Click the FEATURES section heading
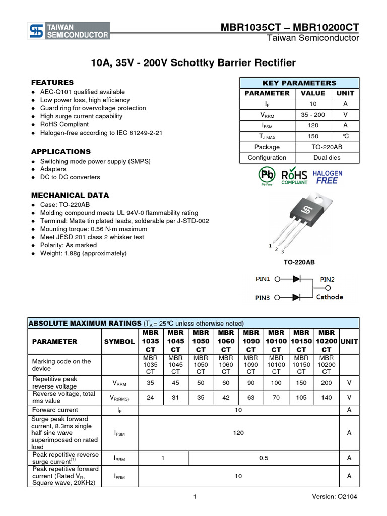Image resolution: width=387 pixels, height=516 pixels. [52, 83]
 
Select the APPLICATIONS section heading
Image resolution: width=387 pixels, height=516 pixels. [61, 152]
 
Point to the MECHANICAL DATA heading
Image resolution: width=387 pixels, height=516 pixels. [70, 196]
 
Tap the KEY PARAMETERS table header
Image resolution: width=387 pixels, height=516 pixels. [299, 83]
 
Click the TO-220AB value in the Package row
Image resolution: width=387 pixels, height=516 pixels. [327, 147]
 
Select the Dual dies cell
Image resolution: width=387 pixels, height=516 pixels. [327, 158]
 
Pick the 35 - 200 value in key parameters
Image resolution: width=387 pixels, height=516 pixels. [313, 115]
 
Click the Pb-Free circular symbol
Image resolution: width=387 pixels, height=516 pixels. [267, 176]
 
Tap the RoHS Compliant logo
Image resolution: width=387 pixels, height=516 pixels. [294, 176]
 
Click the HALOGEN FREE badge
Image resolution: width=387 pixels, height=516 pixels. [328, 177]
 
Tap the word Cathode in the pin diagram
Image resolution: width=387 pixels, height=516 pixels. [330, 297]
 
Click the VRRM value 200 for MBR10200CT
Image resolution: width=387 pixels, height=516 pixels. [327, 383]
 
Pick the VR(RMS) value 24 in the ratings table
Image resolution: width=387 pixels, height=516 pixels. [150, 397]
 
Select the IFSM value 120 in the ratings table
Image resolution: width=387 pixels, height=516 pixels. [238, 433]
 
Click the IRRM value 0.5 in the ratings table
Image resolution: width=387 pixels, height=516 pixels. [264, 458]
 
